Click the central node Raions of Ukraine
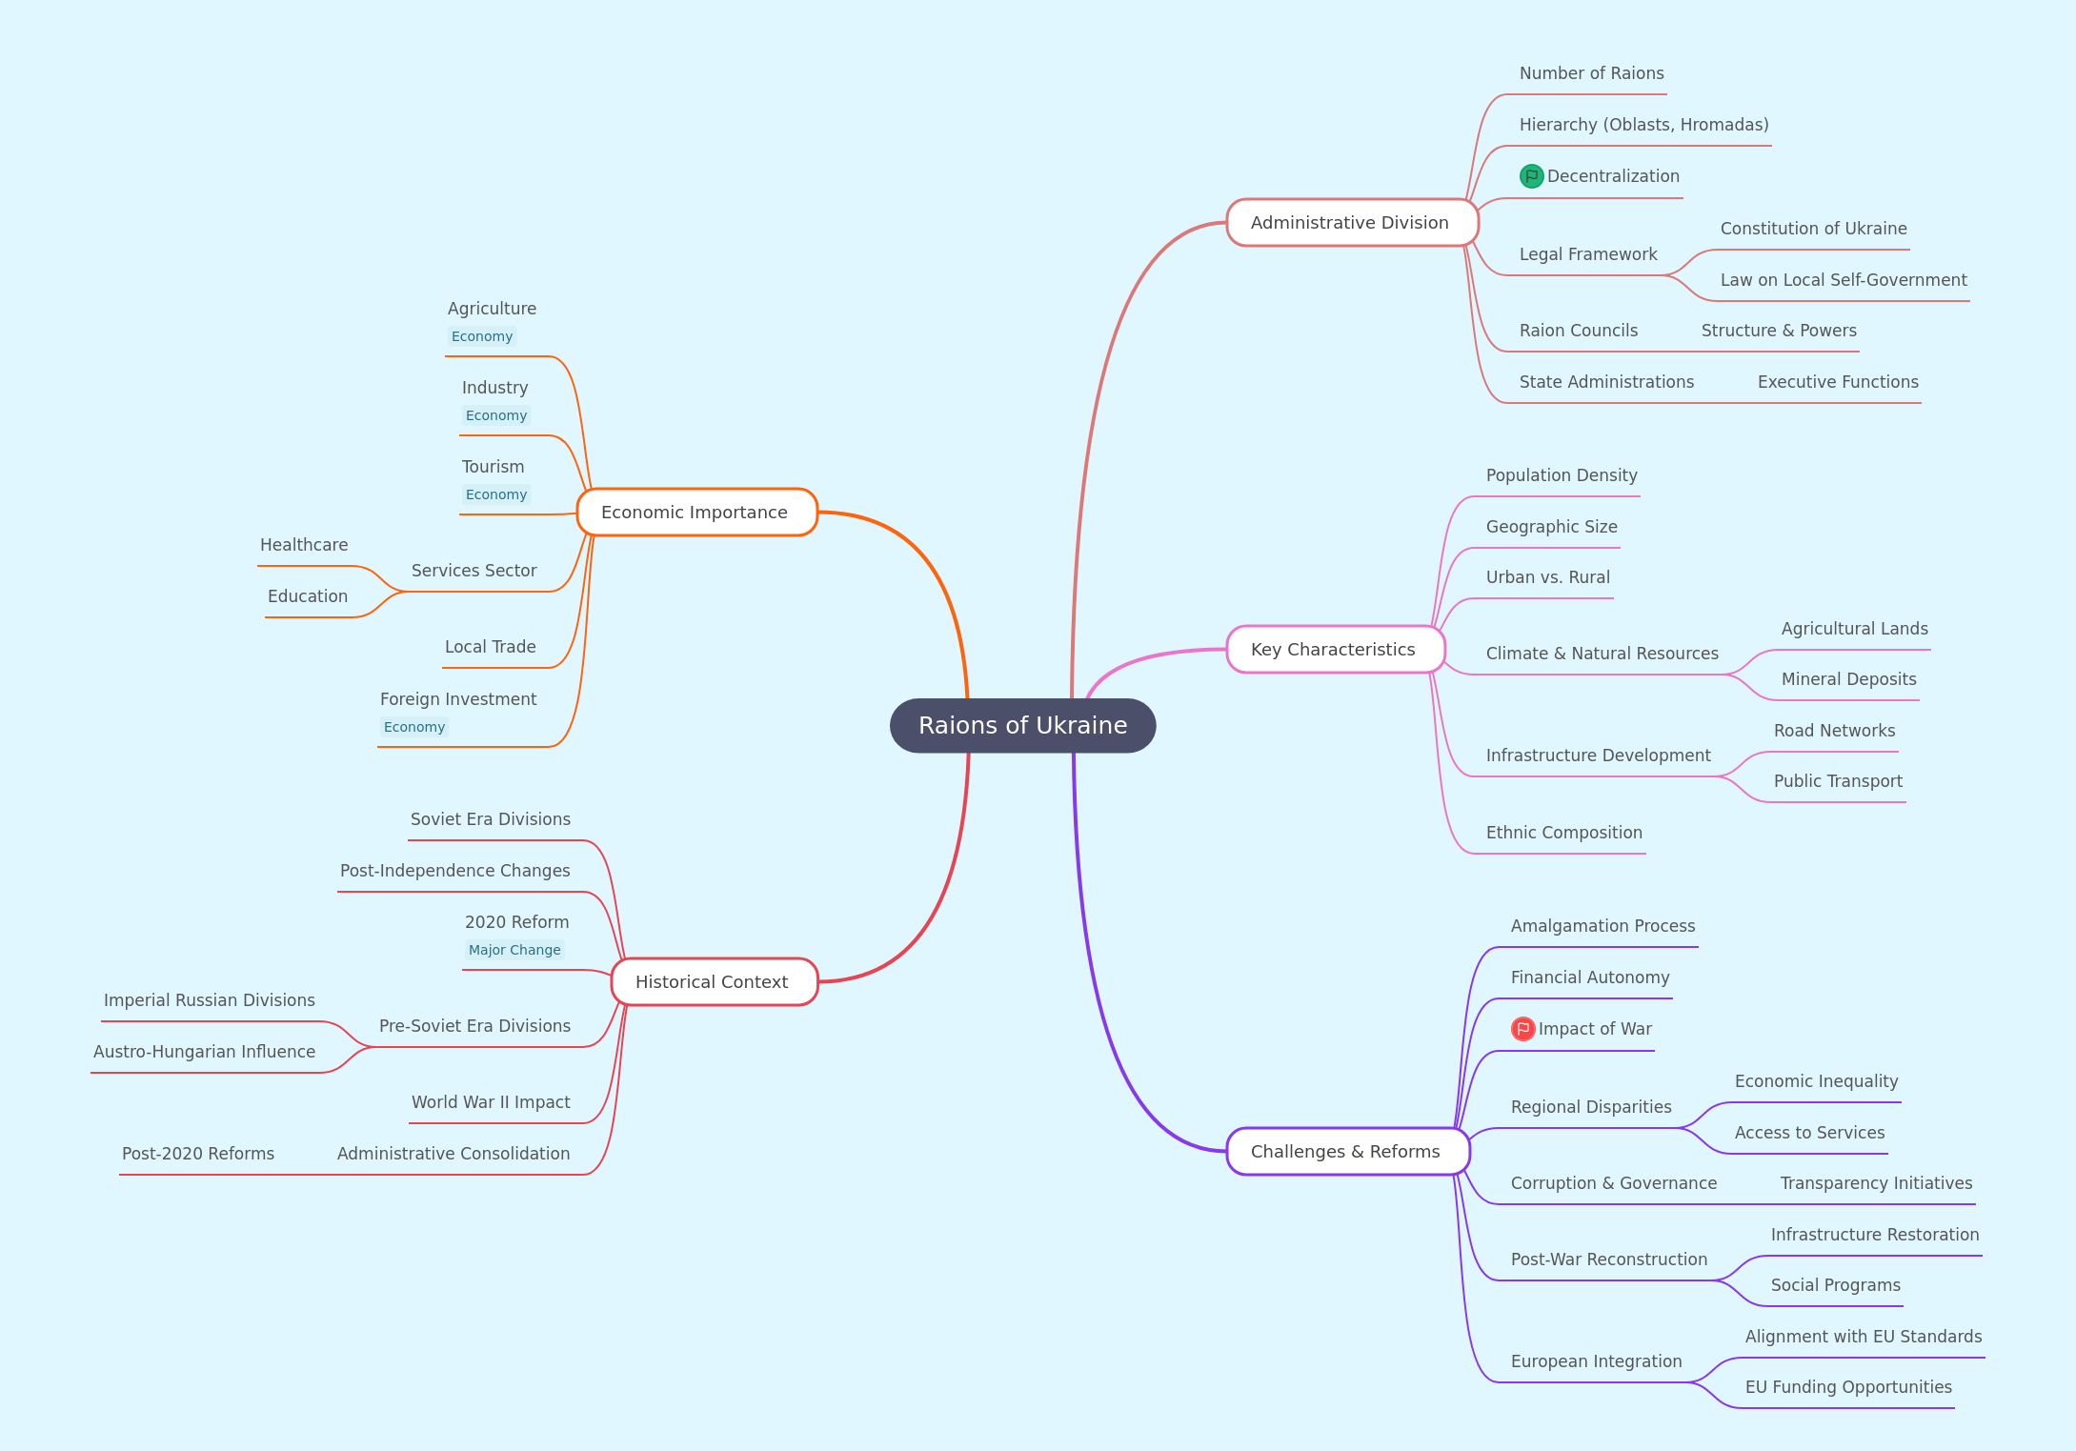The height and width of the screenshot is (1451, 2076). coord(1022,725)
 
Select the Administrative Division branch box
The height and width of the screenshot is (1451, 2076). coord(1352,223)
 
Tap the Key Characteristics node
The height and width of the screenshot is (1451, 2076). coord(1335,650)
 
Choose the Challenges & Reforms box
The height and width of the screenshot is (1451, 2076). coord(1347,1151)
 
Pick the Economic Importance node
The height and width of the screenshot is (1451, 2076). coord(696,513)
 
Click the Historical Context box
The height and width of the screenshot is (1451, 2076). coord(714,981)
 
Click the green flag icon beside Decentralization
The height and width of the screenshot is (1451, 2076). coord(1531,176)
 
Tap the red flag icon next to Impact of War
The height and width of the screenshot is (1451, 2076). coord(1522,1029)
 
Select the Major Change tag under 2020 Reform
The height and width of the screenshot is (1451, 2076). coord(514,950)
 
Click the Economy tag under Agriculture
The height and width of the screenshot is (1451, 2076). coord(482,336)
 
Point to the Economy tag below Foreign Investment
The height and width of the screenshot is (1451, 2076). coord(414,727)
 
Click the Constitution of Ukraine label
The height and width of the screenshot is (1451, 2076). coord(1814,229)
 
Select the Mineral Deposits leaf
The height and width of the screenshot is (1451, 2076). coord(1849,679)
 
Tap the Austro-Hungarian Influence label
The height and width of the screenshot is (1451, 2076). coord(204,1052)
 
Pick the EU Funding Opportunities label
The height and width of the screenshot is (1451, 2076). coord(1848,1387)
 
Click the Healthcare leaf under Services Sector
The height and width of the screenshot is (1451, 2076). coord(304,545)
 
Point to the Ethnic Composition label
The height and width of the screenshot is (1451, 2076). coord(1564,833)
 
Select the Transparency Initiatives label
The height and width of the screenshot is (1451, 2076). coord(1877,1183)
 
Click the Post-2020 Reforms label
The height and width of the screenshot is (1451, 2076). coord(198,1154)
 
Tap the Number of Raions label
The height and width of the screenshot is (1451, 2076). coord(1592,73)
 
